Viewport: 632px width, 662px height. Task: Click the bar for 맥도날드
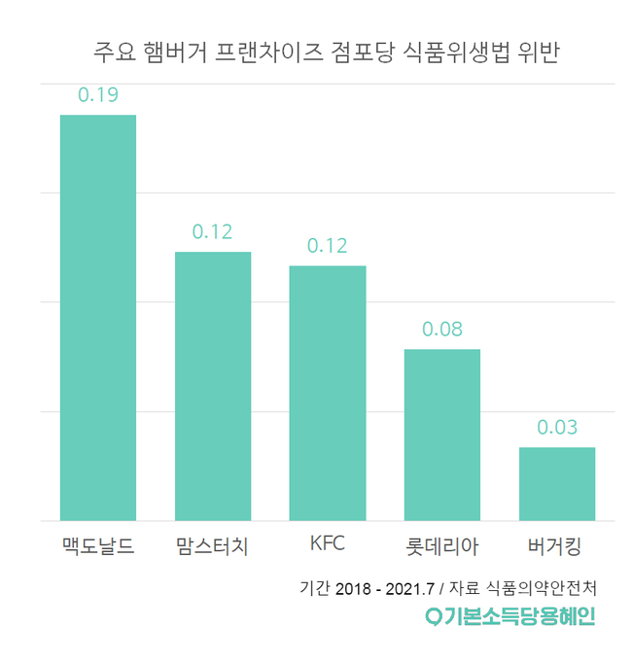pos(98,317)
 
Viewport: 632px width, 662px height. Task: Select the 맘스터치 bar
pos(213,386)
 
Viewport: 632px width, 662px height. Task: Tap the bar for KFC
pos(328,393)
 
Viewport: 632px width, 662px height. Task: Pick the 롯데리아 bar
pos(442,435)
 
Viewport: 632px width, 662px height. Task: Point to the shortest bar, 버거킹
pos(557,483)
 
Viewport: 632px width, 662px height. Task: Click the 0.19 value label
pos(98,94)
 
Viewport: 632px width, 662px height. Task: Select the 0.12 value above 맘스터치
pos(213,231)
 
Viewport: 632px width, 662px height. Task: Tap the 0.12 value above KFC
pos(328,245)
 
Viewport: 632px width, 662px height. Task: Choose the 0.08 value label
pos(442,329)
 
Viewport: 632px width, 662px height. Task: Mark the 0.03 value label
pos(557,427)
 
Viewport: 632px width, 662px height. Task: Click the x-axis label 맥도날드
pos(97,545)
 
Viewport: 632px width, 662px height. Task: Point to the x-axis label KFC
pos(328,543)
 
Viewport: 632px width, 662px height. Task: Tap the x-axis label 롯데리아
pos(441,545)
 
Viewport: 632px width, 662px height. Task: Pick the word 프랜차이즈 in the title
pos(279,52)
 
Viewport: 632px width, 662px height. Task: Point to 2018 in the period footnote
pos(355,589)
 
